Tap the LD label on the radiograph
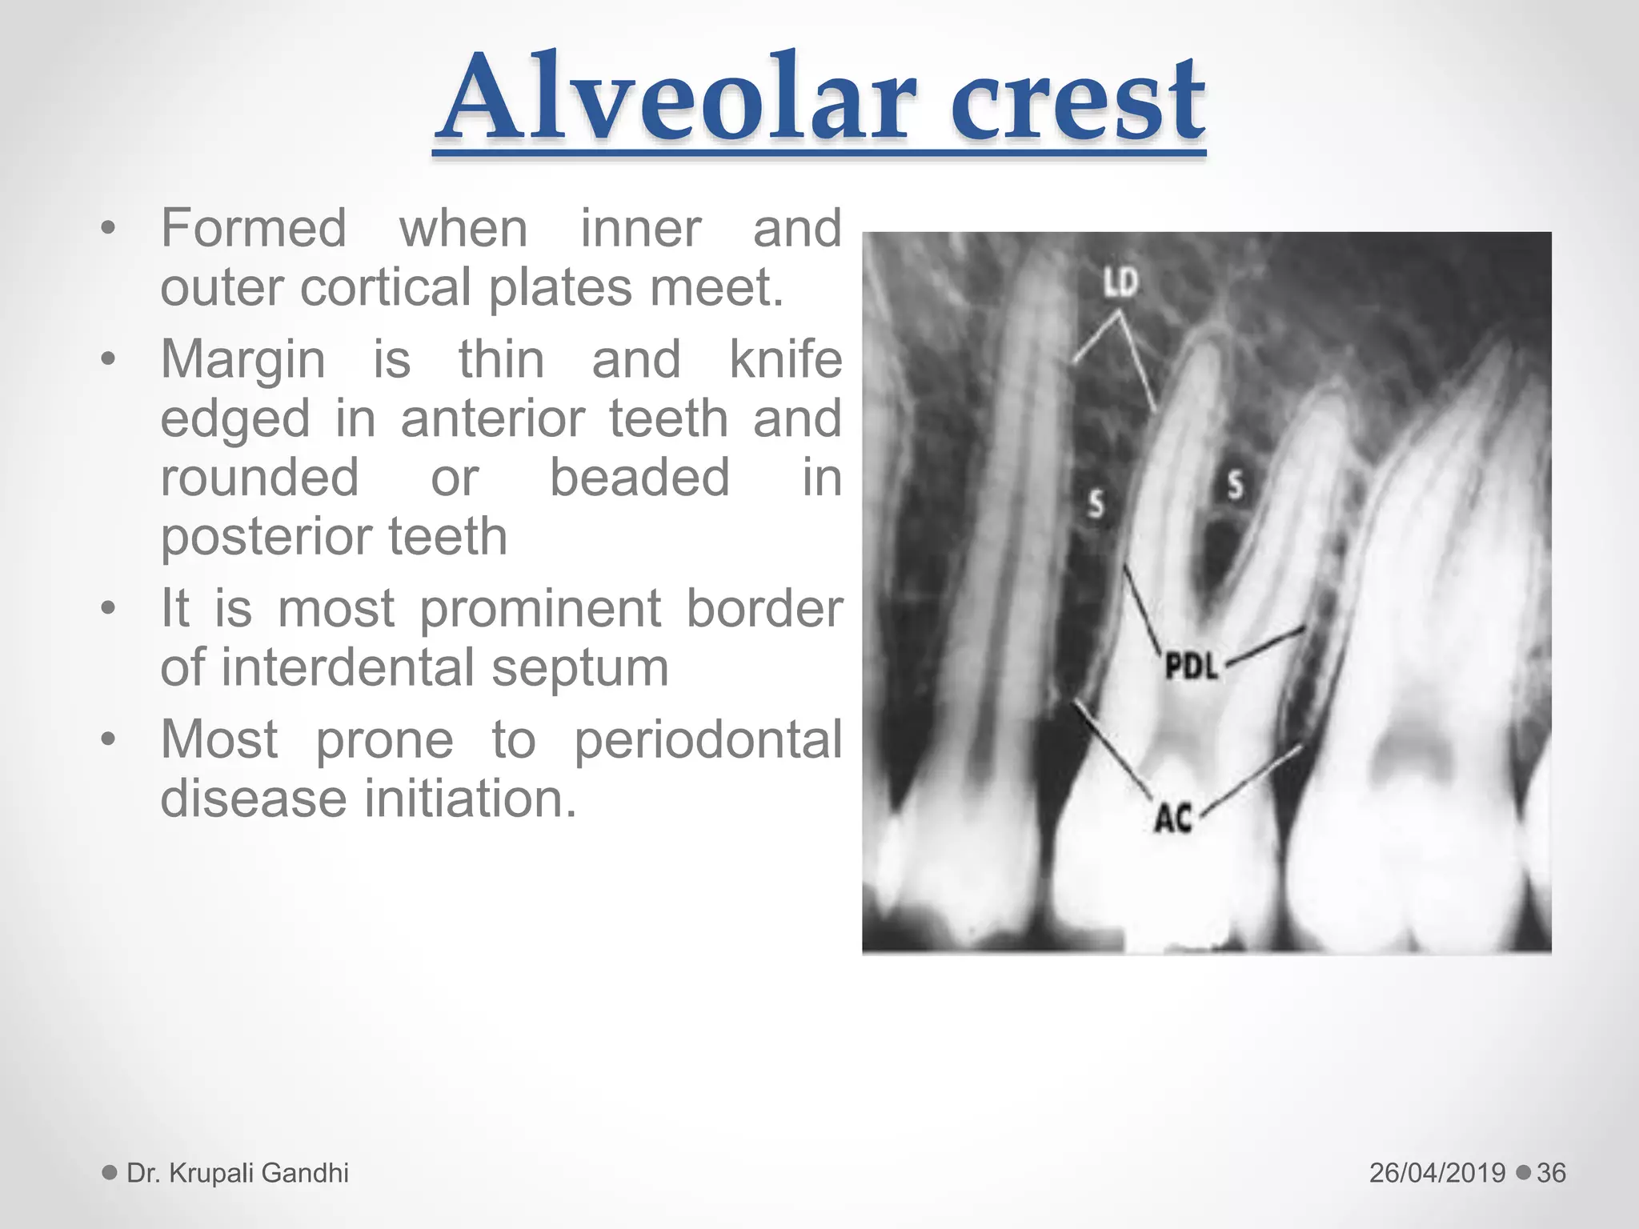tap(1120, 282)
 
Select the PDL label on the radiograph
tap(1191, 666)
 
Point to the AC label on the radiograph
tap(1173, 818)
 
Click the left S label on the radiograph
tap(1096, 503)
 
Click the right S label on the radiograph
tap(1236, 484)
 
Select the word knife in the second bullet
tap(785, 359)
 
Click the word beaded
tap(639, 478)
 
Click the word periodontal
tap(708, 739)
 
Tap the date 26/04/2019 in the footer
tap(1437, 1173)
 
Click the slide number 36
tap(1551, 1173)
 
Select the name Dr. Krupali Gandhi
tap(238, 1173)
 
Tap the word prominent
tap(542, 609)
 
